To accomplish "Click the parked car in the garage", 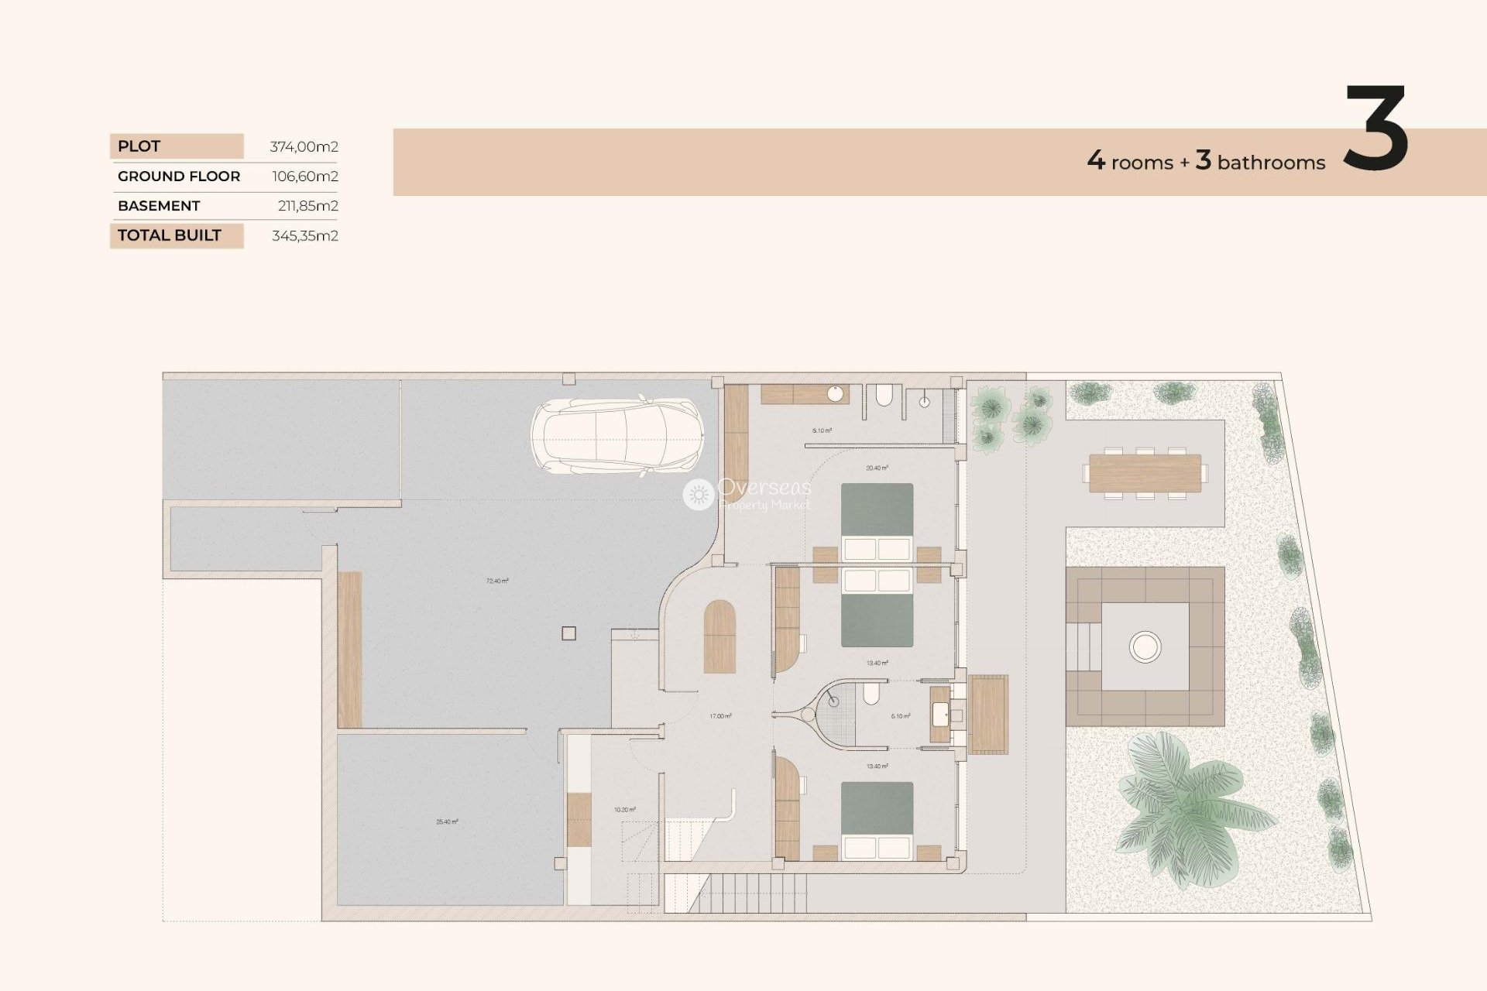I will [617, 437].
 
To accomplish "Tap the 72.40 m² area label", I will [497, 581].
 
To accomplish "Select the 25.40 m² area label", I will [447, 821].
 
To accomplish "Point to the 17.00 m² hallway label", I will [720, 716].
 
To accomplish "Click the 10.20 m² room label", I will [625, 810].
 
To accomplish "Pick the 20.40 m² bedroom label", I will [877, 468].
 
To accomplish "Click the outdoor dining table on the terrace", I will [1145, 473].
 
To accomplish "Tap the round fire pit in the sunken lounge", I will [1145, 646].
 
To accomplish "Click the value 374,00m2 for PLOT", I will [304, 146].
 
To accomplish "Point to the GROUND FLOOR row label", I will [179, 177].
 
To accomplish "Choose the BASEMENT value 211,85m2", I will [307, 206].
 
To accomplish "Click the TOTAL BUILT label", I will [170, 235].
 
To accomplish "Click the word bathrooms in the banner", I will [1271, 163].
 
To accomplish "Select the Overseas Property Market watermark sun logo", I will [698, 495].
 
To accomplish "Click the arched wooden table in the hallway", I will [719, 636].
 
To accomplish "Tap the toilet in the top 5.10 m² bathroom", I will [884, 397].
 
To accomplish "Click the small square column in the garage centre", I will [568, 633].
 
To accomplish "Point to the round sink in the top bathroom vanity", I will [835, 394].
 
